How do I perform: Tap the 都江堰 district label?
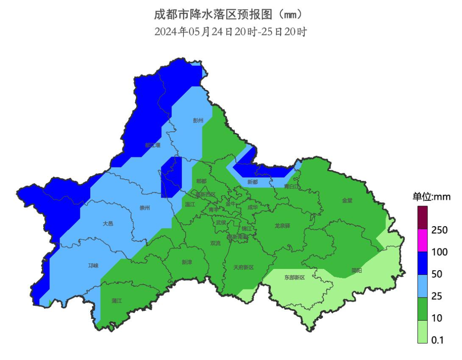tap(153, 145)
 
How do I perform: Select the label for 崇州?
tap(145, 208)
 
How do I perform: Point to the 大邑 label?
tap(108, 223)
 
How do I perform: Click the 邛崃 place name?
tap(93, 266)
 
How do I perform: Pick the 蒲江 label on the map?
tap(116, 301)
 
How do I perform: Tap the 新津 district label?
tap(187, 262)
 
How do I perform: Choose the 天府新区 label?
tap(243, 267)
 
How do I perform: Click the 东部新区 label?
tap(295, 277)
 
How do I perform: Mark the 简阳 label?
tap(356, 270)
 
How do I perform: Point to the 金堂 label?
tap(347, 200)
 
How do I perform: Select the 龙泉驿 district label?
tap(282, 226)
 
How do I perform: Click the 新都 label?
tap(253, 182)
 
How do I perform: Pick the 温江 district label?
tap(190, 204)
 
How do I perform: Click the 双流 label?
tap(216, 243)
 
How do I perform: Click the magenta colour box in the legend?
tap(423, 240)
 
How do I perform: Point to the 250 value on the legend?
tap(439, 230)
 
